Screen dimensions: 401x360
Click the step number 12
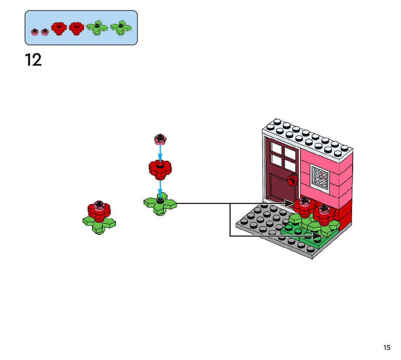(x=33, y=60)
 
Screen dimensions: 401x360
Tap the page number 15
(x=387, y=348)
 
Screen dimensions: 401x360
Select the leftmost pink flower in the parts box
(x=35, y=32)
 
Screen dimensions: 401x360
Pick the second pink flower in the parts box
(x=45, y=32)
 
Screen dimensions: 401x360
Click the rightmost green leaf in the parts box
(x=121, y=28)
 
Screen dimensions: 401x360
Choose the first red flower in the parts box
(x=59, y=28)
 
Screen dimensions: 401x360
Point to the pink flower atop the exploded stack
(x=160, y=138)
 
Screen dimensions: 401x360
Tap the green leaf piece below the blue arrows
(x=160, y=204)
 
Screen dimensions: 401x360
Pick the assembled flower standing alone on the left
(x=99, y=217)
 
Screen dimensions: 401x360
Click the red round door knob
(x=292, y=180)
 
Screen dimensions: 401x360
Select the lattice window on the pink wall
(x=320, y=177)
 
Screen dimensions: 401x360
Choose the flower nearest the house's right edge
(x=324, y=214)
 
